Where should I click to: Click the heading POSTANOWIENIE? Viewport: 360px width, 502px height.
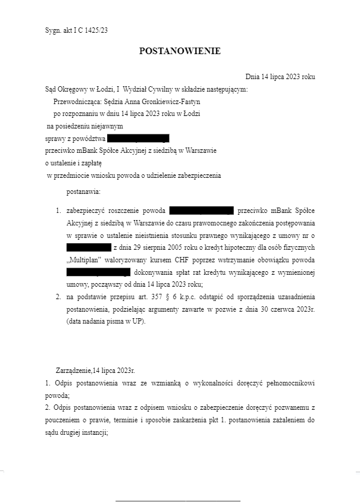(180, 51)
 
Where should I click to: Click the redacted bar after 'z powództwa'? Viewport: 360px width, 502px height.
(143, 139)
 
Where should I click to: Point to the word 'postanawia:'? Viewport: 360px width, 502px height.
(83, 192)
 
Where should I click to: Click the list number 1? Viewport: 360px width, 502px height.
(58, 211)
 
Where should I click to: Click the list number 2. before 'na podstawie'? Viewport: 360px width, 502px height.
(58, 296)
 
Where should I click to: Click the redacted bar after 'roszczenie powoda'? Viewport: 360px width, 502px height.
(201, 211)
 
